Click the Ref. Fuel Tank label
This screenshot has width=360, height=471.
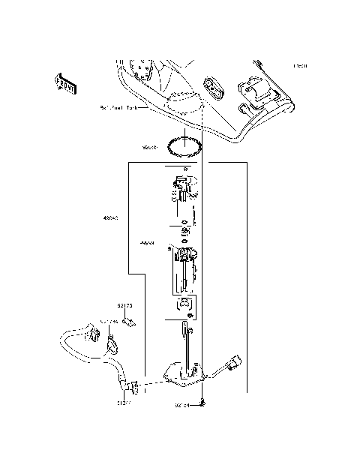(119, 108)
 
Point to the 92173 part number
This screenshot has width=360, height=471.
(124, 306)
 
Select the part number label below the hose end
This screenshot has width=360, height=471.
(124, 403)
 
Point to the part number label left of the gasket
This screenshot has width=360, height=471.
(151, 148)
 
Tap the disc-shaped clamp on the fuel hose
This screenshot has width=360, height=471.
(112, 346)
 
